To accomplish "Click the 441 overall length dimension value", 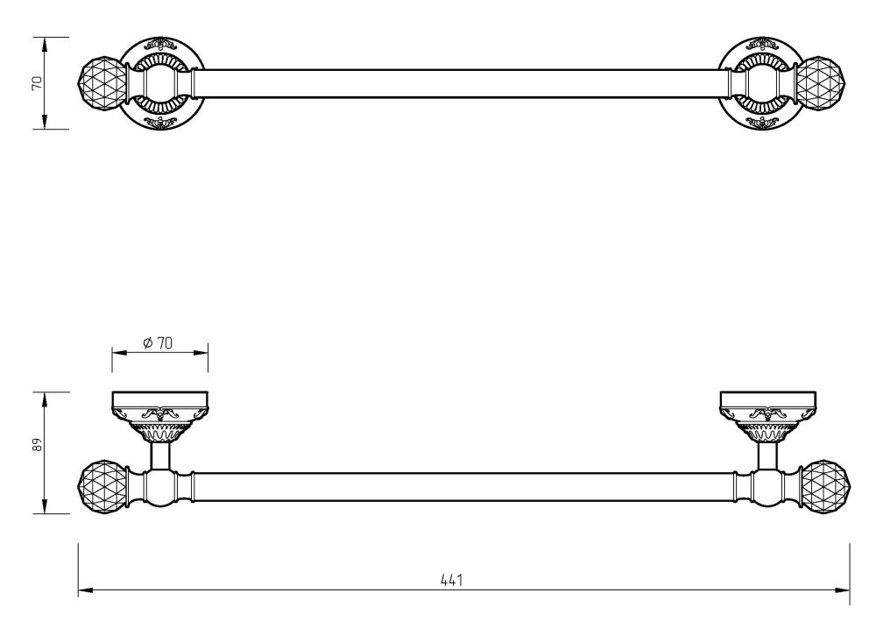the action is click(451, 580).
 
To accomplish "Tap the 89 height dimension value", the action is click(38, 445).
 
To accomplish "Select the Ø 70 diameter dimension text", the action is click(158, 342).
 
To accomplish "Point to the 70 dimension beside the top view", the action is click(38, 83).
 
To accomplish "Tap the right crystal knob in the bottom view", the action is click(824, 488).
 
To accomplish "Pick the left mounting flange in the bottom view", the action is click(160, 417).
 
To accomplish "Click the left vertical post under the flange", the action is click(160, 455).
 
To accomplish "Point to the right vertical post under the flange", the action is click(767, 455).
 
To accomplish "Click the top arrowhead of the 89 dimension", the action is click(44, 399).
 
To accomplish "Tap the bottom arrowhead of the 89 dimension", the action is click(44, 506).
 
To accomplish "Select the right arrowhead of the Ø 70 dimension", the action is click(201, 352).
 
